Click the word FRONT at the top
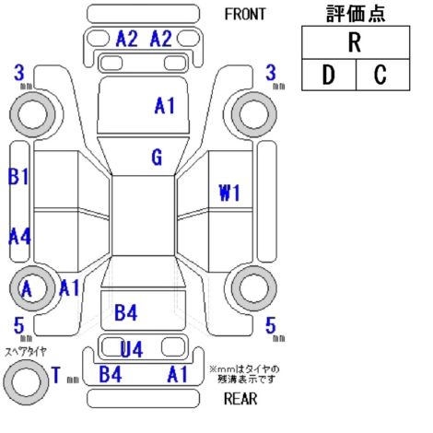click(245, 14)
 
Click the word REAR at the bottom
click(240, 399)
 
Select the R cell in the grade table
click(356, 42)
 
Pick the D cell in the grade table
click(329, 75)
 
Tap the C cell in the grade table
click(382, 75)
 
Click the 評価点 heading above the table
click(356, 13)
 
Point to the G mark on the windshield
click(157, 158)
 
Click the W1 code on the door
click(229, 193)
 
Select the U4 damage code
click(132, 349)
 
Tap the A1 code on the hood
click(165, 106)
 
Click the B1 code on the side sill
click(18, 177)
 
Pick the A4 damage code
click(19, 237)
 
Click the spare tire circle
click(26, 382)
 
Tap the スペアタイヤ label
click(26, 352)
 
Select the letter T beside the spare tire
click(56, 375)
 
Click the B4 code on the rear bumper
click(111, 374)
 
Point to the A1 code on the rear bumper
click(178, 374)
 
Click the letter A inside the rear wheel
click(27, 289)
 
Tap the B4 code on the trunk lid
click(125, 312)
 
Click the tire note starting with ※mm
click(244, 374)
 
